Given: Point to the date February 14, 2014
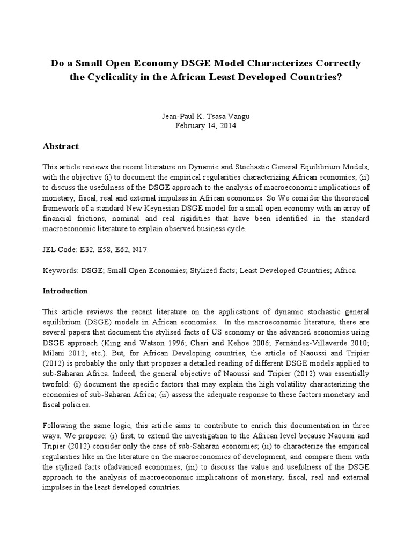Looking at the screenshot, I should click(x=205, y=126).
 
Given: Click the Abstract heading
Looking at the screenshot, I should click(x=61, y=146).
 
